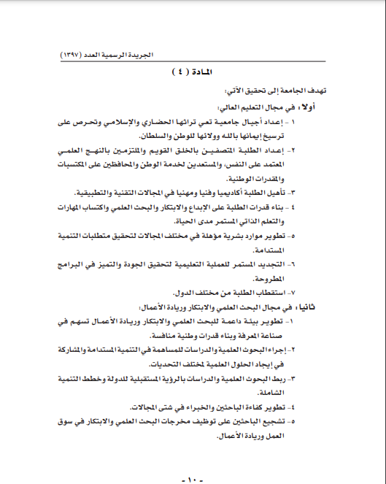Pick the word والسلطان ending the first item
(x=185, y=136)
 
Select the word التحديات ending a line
(x=164, y=364)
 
